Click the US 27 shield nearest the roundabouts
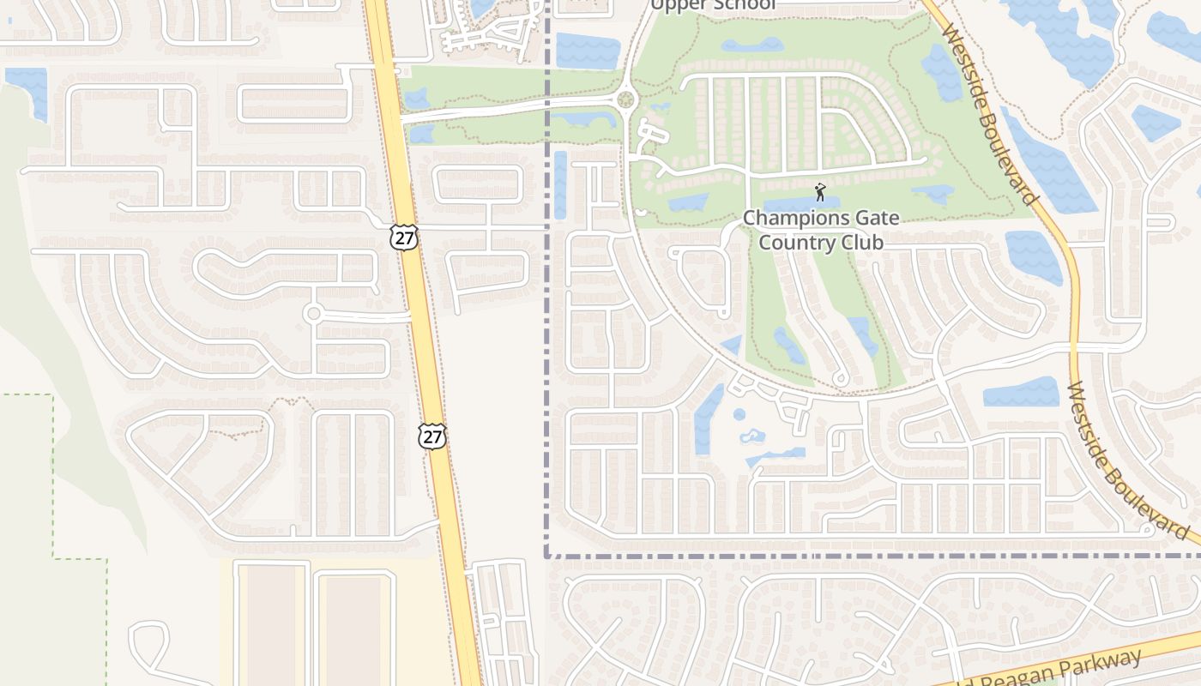click(x=403, y=237)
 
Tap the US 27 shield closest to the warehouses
click(x=432, y=436)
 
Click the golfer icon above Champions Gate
click(x=820, y=191)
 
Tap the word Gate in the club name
click(x=875, y=218)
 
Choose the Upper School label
click(x=712, y=5)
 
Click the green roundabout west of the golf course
click(x=625, y=100)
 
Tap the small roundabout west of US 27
click(x=313, y=314)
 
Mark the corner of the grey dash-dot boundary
click(x=546, y=556)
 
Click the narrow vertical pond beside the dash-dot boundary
click(x=560, y=184)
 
